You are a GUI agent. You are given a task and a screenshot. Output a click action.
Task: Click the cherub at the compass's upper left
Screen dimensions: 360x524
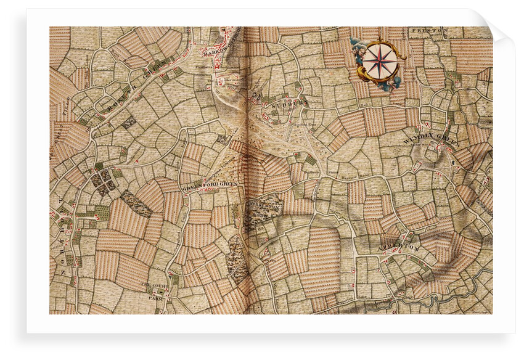point(357,44)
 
